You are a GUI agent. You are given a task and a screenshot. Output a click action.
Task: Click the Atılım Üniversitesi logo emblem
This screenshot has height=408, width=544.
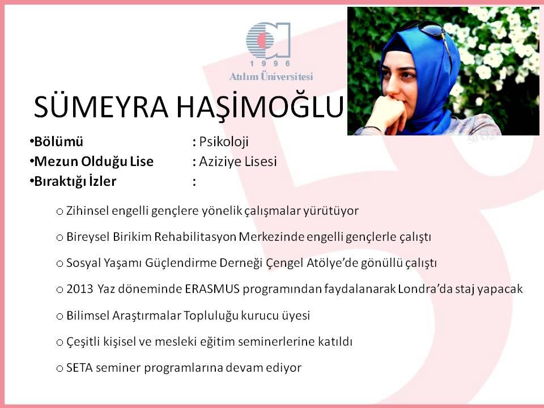268,40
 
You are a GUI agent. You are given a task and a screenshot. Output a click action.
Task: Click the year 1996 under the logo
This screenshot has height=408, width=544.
270,63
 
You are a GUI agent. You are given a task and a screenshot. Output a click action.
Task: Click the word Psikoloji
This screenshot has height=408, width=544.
224,142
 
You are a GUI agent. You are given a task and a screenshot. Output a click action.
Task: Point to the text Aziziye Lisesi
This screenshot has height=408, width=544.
237,161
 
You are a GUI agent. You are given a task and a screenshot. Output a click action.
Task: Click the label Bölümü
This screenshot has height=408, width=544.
58,142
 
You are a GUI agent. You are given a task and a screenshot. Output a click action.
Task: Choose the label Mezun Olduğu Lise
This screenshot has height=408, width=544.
93,161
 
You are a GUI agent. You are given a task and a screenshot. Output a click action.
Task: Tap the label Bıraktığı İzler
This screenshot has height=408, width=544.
75,181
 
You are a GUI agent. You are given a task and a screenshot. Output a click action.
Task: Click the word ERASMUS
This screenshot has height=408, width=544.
212,289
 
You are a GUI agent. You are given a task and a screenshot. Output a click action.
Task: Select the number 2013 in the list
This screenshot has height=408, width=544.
80,289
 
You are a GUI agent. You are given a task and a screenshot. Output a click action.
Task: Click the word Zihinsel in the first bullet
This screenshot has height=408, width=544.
87,211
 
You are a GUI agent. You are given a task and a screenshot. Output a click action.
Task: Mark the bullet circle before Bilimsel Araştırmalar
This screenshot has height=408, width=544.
59,316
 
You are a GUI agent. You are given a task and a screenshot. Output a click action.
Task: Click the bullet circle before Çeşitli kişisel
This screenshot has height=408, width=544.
59,342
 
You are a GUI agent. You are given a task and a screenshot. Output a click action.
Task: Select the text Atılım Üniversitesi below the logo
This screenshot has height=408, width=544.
271,76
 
